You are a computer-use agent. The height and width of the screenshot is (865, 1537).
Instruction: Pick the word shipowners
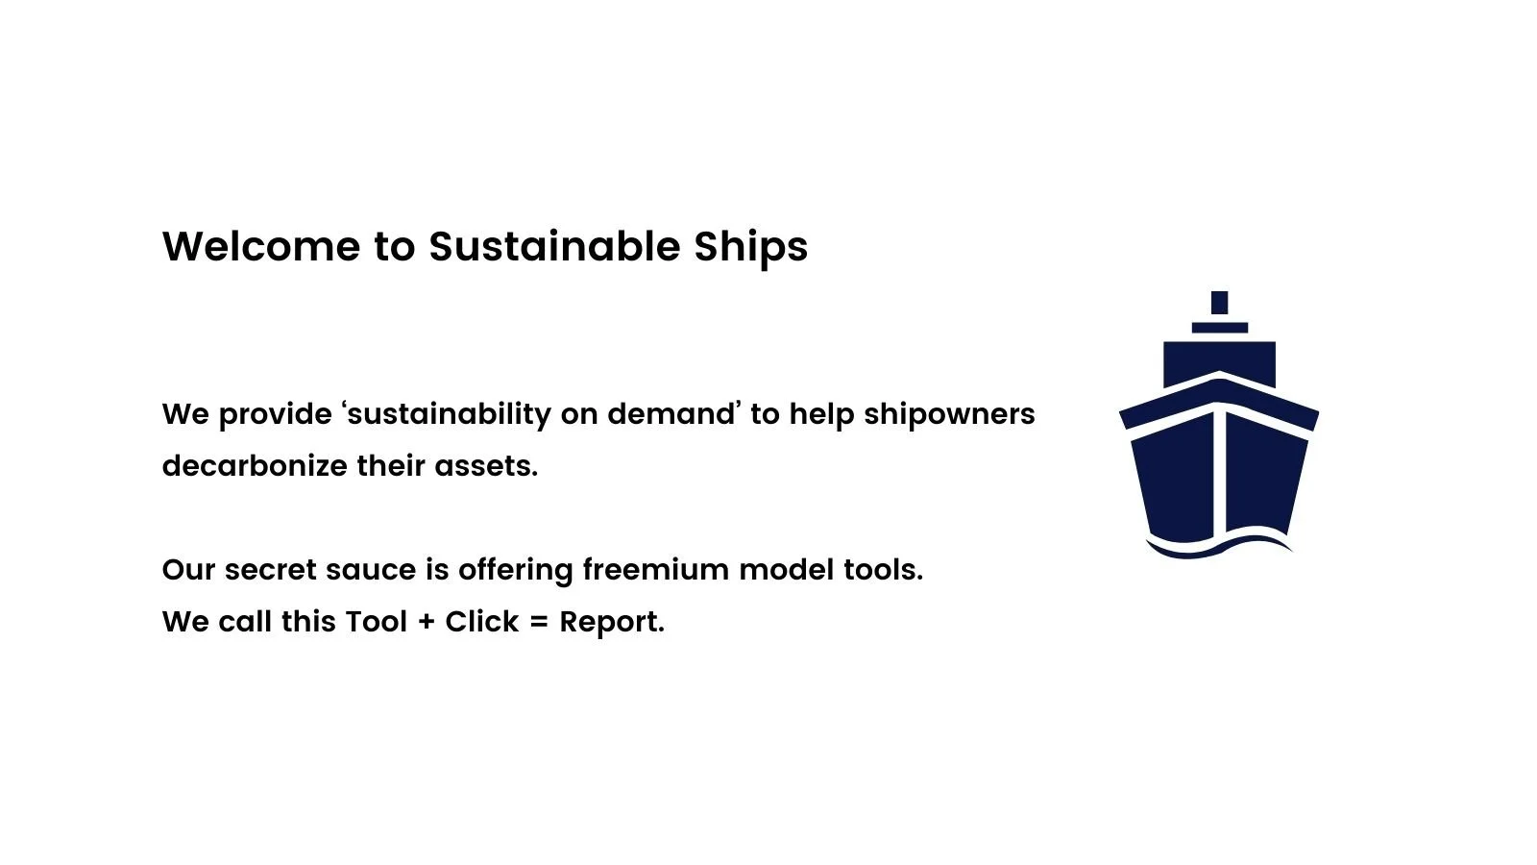coord(949,414)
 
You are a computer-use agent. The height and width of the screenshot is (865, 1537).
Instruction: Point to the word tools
coord(883,570)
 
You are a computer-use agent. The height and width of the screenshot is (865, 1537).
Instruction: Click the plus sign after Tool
coord(427,622)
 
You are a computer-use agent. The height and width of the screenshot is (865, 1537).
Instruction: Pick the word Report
coord(611,623)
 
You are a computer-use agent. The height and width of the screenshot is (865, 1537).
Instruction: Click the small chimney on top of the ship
coord(1219,303)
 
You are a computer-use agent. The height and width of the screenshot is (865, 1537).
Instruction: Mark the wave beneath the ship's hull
coord(1218,548)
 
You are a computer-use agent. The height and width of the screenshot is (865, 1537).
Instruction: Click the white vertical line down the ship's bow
coord(1219,471)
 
